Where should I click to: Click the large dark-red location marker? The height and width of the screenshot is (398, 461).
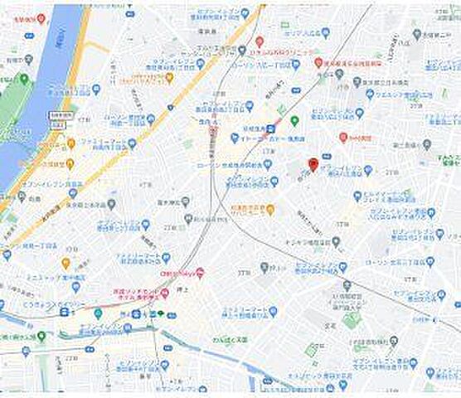coord(313,164)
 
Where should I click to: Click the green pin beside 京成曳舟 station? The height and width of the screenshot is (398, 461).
coord(294,121)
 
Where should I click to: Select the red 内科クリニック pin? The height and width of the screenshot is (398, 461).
coord(260,40)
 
